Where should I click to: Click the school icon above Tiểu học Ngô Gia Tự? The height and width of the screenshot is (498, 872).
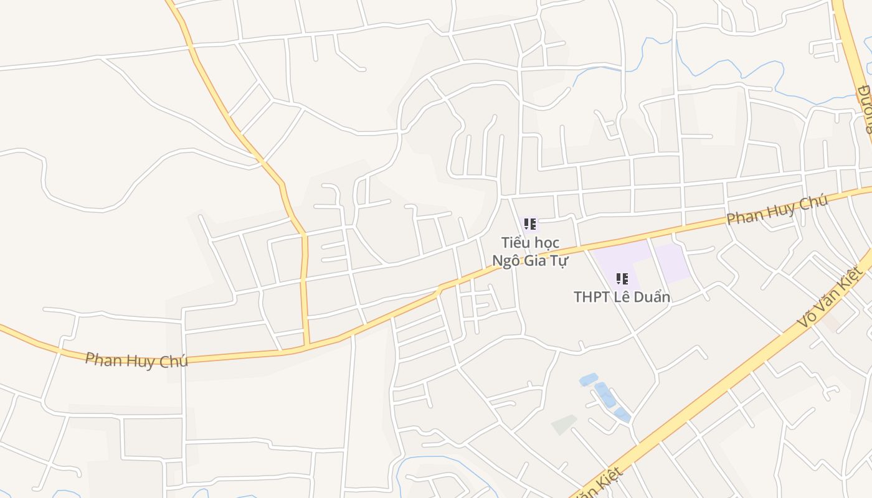coord(530,224)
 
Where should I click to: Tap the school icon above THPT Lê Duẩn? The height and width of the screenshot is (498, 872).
coord(622,279)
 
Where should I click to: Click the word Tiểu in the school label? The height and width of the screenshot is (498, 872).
coord(514,242)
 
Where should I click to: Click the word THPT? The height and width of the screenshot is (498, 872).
coord(592,297)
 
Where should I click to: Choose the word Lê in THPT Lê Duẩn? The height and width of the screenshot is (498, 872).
coord(625,297)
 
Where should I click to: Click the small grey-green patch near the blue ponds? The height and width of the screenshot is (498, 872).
coord(564,425)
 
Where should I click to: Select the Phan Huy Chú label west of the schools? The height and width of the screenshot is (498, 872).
coord(136,360)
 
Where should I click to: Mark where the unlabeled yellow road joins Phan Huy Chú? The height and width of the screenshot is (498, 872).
coord(307,344)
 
